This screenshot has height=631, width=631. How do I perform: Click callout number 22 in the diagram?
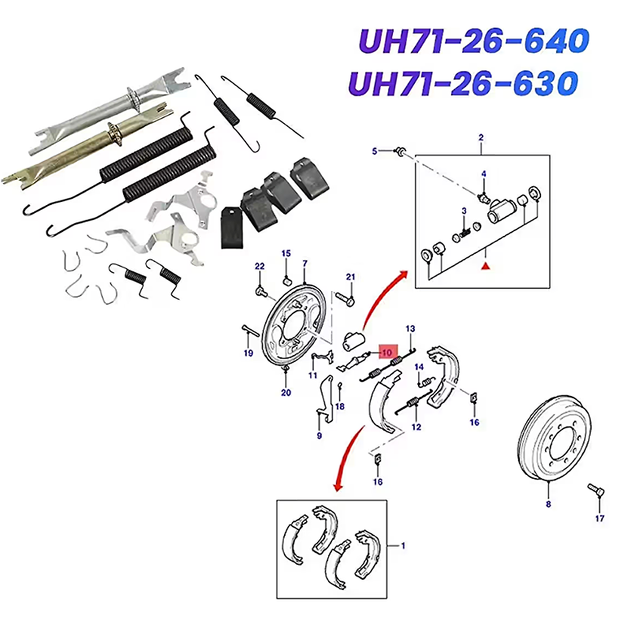[x=259, y=267]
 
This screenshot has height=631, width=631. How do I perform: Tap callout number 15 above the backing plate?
[x=286, y=253]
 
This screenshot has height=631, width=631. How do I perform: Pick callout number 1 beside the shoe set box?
[x=403, y=545]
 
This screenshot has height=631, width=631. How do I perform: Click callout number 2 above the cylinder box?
[x=481, y=138]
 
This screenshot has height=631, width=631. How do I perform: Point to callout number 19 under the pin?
[x=248, y=353]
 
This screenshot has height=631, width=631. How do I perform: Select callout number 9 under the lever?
[x=319, y=435]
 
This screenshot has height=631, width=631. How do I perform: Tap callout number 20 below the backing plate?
[x=286, y=392]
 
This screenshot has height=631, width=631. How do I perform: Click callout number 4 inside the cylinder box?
[x=484, y=174]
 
